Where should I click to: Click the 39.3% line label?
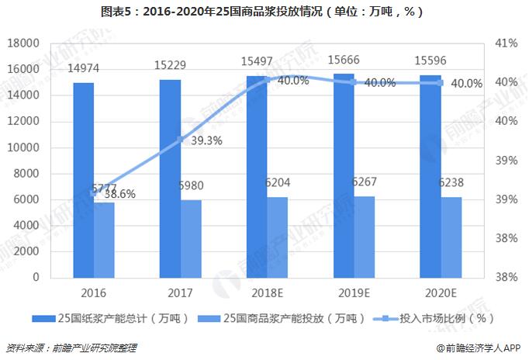coord(205,140)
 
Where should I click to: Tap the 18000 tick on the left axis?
coord(23,43)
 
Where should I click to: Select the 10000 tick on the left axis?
coord(23,147)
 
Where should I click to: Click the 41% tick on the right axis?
coord(505,43)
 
